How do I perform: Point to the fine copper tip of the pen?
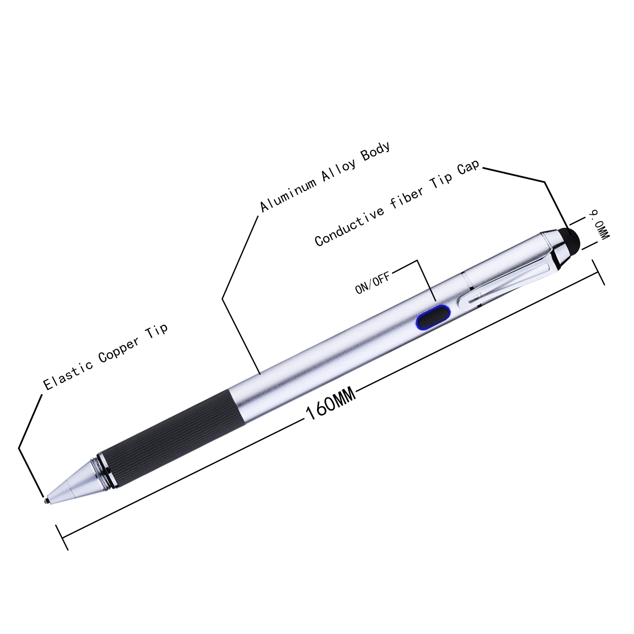(x=46, y=500)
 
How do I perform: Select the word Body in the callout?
(x=375, y=152)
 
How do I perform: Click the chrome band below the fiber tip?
(x=557, y=249)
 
